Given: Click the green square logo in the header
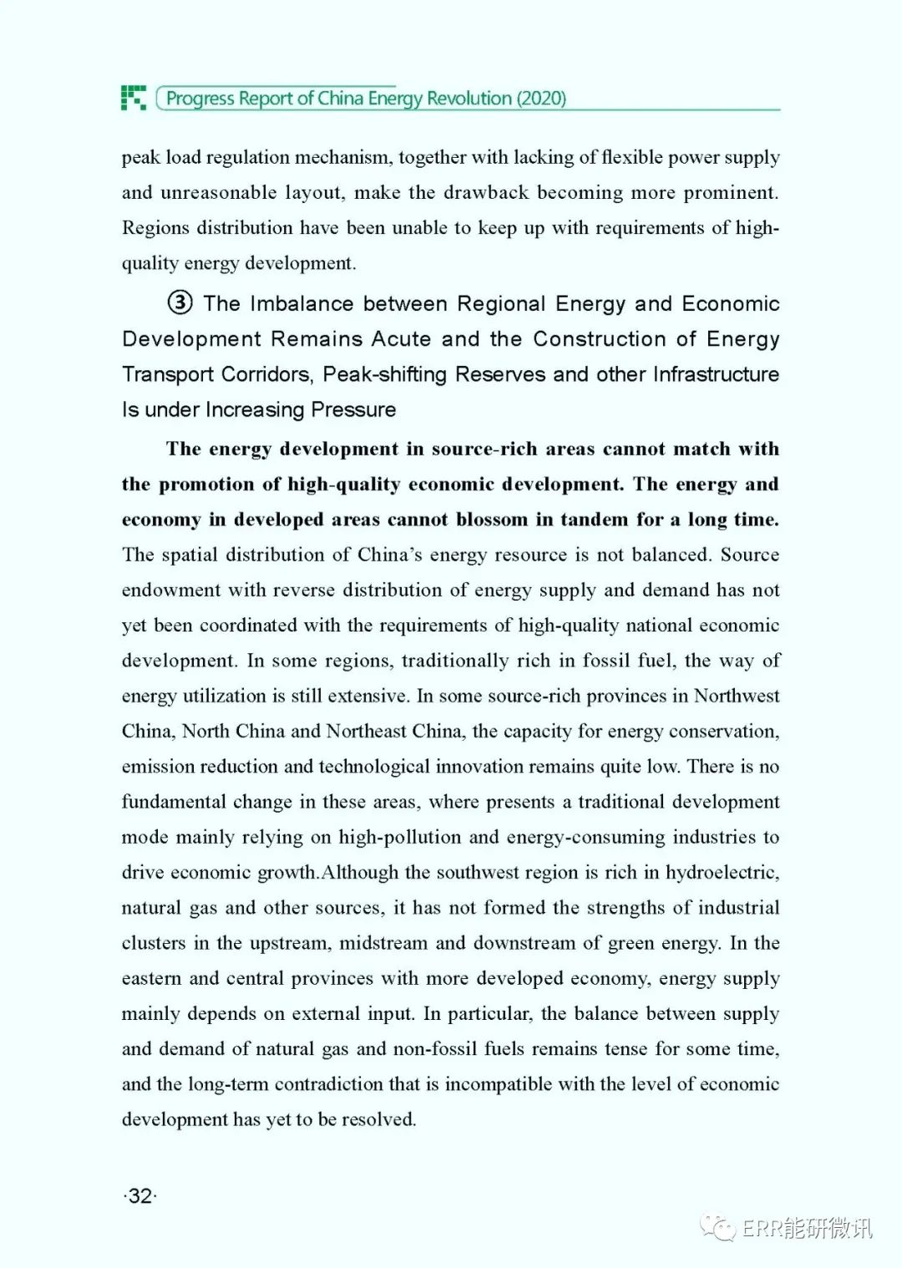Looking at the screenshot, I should click(133, 98).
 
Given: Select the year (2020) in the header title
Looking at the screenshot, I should click(541, 99).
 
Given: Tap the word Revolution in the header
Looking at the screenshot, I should click(469, 99).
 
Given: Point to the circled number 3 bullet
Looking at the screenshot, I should click(180, 302).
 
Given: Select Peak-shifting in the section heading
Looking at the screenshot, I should click(385, 374).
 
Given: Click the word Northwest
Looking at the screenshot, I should click(737, 697).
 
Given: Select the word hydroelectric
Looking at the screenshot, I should click(722, 873).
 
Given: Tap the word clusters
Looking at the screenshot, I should click(154, 943).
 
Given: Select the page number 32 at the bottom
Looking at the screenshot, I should click(140, 1195).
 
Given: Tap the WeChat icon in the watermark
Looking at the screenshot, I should click(718, 1227).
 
